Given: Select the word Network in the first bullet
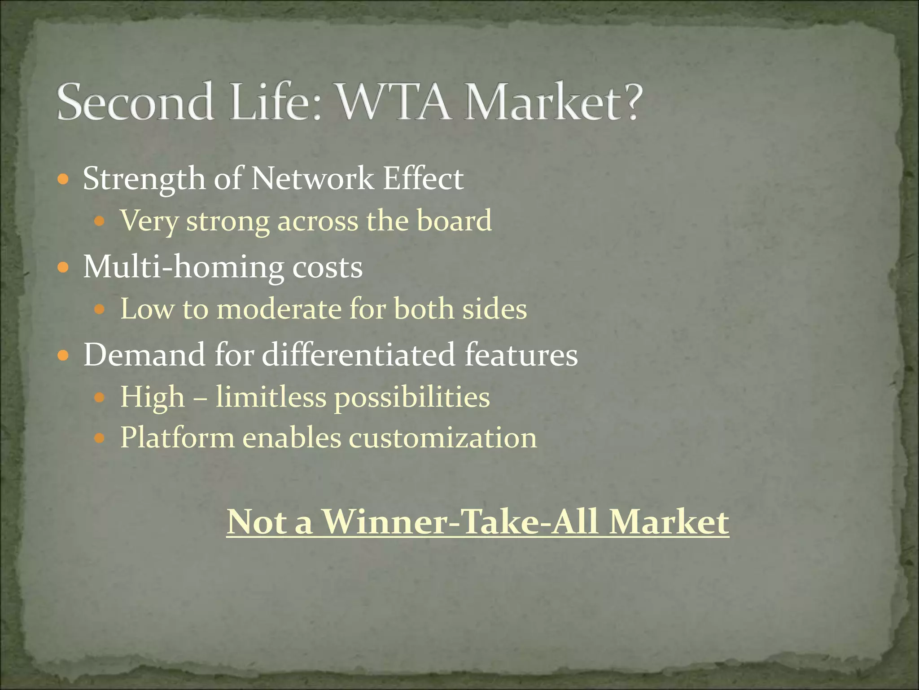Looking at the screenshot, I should (312, 179).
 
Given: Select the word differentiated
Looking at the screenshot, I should (359, 355).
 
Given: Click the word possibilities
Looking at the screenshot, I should (412, 398).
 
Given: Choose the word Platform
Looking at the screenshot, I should (177, 438).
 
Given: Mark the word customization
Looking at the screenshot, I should (443, 438).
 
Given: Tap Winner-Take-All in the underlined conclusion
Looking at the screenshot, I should (461, 522).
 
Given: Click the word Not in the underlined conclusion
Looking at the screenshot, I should (256, 522).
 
